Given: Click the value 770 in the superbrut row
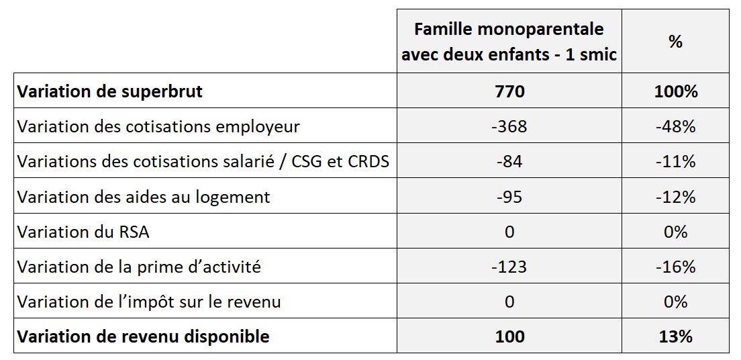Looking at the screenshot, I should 509,91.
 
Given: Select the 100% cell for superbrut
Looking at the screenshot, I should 675,91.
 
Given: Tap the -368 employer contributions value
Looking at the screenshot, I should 509,126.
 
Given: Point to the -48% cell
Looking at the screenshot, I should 675,126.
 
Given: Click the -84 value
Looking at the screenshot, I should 509,161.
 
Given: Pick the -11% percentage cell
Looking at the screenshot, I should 675,161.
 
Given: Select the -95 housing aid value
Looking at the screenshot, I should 509,197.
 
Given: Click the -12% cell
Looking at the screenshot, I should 675,197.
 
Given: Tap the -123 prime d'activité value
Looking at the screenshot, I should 509,267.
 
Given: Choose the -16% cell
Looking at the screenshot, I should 675,267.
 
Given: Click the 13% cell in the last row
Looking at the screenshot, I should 675,336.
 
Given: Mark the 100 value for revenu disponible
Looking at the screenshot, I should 509,336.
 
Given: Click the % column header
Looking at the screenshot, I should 675,42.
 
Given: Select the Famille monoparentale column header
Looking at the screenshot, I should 509,42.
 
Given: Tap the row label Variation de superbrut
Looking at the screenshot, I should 109,91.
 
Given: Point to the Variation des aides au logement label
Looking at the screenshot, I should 144,197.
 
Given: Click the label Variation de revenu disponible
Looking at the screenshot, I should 143,336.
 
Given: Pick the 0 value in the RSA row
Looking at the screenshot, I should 509,232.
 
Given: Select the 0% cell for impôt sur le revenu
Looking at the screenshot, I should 675,302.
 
